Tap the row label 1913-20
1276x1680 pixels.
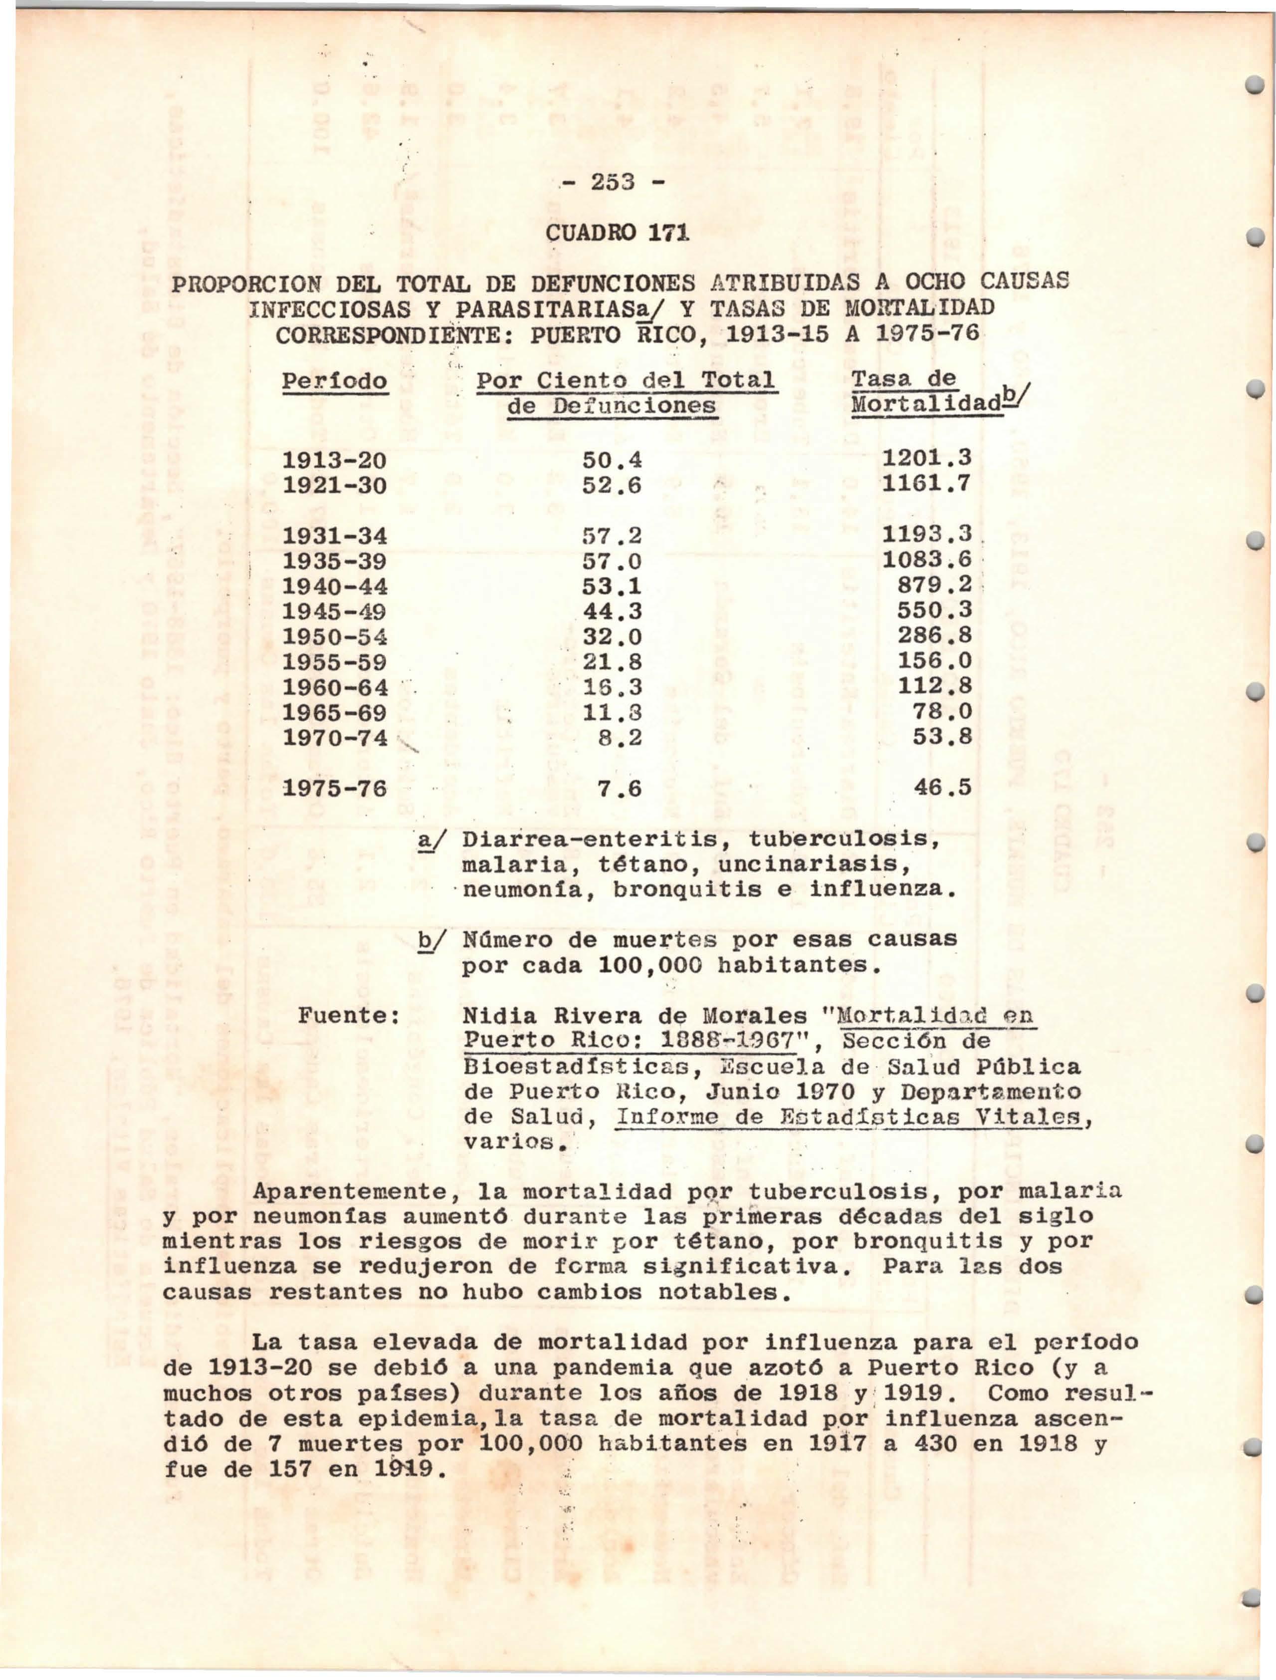(x=335, y=460)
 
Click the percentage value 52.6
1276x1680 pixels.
(x=612, y=485)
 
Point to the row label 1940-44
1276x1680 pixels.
(x=335, y=586)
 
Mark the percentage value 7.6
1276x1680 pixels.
(x=620, y=790)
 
